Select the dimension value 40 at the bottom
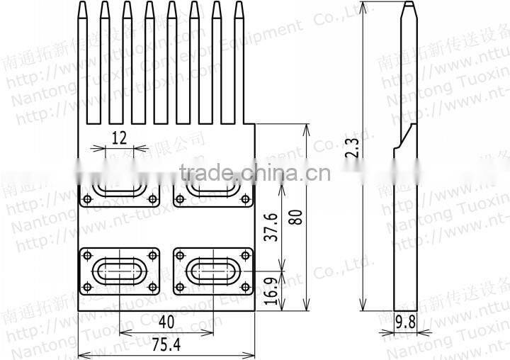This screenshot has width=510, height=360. click(x=166, y=321)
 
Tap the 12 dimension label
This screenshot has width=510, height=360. click(x=119, y=137)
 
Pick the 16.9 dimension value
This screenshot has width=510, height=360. click(x=271, y=291)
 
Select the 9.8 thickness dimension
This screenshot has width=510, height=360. click(x=406, y=321)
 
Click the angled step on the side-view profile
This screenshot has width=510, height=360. click(x=404, y=137)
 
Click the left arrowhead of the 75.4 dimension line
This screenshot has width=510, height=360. click(x=80, y=354)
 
